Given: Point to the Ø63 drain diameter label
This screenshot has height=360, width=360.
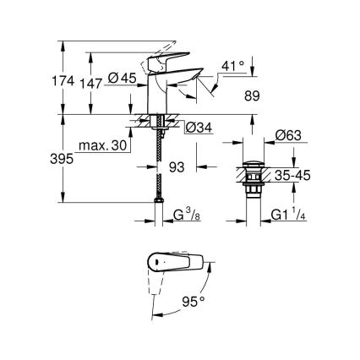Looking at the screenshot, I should [x=289, y=134].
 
